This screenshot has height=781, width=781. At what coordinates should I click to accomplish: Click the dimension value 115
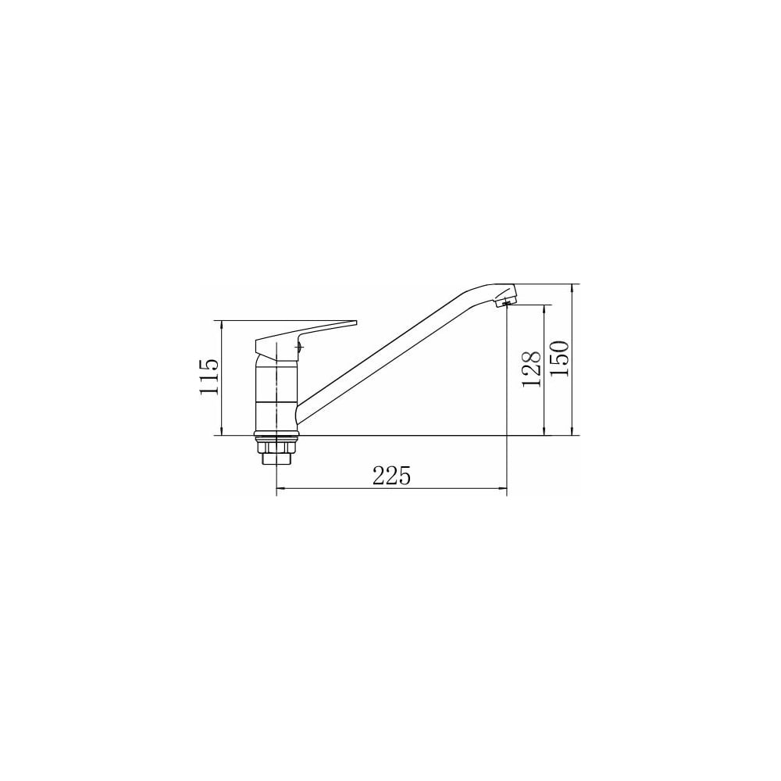coord(209,376)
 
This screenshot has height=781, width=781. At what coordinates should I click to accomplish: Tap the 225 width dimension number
coord(391,476)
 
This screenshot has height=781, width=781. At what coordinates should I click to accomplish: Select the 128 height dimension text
coord(531,369)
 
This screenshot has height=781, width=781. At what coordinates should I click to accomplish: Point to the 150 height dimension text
coord(559,358)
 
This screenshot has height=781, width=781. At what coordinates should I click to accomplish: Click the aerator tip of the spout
coord(507,301)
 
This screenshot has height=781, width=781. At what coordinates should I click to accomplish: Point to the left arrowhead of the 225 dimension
coord(280,489)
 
